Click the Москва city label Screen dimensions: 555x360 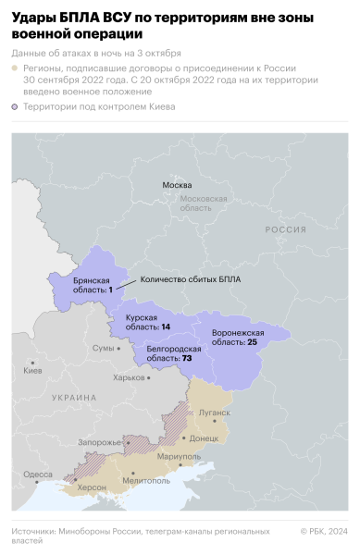177,185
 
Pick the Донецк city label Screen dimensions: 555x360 204,438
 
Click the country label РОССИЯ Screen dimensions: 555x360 285,229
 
